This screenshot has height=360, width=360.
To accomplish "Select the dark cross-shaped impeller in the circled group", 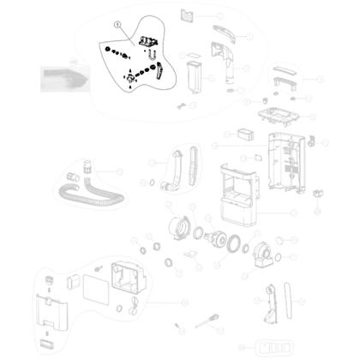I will (131, 81).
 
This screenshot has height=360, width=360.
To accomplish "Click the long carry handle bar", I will (283, 82).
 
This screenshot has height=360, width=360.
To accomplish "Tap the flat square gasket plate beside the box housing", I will (93, 283).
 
